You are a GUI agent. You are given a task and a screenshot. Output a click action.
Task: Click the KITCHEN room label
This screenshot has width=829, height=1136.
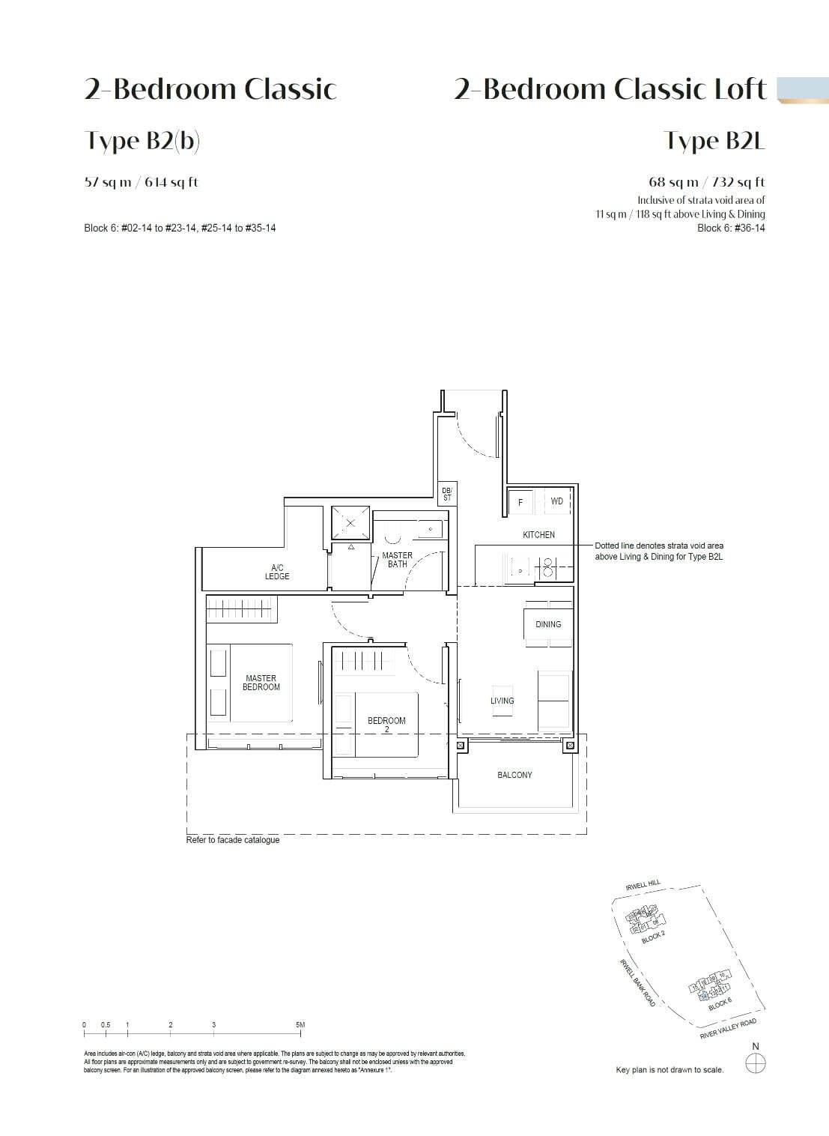pos(538,535)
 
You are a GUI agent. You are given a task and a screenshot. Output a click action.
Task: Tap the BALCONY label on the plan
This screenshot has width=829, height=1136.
pos(514,775)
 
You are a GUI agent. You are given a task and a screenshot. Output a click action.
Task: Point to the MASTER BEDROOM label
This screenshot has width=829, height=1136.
pos(261,683)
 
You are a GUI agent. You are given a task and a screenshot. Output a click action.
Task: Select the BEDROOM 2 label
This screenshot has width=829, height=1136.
pos(386,724)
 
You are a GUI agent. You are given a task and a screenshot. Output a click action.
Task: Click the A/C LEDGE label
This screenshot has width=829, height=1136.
pos(276,572)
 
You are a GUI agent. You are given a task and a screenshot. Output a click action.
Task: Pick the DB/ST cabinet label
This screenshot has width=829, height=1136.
pos(447,494)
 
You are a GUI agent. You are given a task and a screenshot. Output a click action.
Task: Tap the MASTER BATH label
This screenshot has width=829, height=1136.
pos(397,560)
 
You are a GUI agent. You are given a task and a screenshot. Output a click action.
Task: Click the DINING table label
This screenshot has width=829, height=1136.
pos(548,624)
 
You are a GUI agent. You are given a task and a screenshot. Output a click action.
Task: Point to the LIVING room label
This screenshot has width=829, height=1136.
pos(502,701)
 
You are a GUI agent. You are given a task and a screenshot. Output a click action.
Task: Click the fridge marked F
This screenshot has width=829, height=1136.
pos(520,502)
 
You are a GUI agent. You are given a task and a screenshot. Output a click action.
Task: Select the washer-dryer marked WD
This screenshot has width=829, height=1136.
pos(556,501)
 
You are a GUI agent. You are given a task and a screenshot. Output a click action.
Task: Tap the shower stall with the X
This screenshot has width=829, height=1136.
pos(350,523)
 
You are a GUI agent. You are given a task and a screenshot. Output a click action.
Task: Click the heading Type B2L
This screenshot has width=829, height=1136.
pos(714,141)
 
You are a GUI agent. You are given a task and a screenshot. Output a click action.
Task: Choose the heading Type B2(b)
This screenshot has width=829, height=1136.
pos(142,141)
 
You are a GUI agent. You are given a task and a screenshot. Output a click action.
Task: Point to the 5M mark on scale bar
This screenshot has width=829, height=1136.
pos(300,1025)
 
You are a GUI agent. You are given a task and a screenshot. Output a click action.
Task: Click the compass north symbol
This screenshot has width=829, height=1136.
pos(756,1062)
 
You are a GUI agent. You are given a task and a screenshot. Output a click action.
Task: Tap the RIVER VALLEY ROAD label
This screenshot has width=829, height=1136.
pos(728,1029)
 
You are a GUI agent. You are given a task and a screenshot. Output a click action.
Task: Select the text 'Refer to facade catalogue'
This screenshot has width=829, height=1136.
pos(233,840)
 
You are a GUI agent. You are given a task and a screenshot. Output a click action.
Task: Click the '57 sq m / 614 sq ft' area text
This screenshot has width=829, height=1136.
pos(142,182)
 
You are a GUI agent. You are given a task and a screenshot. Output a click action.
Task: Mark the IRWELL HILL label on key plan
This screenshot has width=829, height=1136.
pos(643,886)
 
